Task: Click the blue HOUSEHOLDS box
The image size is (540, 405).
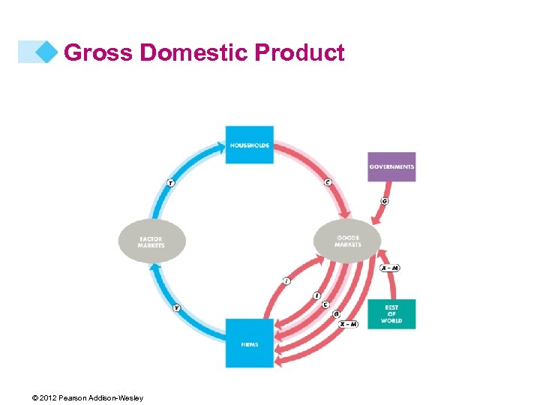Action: coord(249,145)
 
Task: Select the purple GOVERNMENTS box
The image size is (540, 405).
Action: coord(391,166)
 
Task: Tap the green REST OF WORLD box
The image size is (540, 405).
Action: coord(391,314)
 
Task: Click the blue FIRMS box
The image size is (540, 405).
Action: coord(249,343)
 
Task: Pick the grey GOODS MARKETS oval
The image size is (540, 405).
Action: coord(348,241)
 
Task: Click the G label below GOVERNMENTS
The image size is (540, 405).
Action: coord(385,201)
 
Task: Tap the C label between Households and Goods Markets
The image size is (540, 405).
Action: coord(328,182)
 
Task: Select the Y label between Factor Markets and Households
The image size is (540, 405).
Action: coord(170,182)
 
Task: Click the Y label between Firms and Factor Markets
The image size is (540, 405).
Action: coord(177,308)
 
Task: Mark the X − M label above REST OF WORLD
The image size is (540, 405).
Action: coord(390,268)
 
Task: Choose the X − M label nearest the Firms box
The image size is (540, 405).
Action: coord(347,324)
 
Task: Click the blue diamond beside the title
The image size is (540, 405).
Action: coord(47,52)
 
